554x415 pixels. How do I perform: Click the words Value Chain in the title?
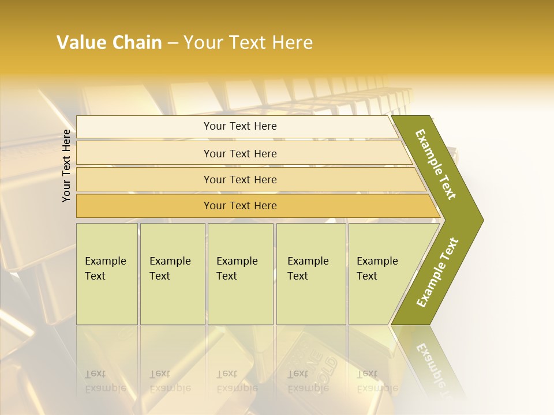coord(109,43)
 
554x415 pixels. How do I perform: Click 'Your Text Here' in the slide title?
coord(248,43)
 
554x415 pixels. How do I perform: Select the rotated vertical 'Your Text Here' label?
coord(66,165)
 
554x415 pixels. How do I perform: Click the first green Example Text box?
coord(107,274)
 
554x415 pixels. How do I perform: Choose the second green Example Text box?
coord(173,274)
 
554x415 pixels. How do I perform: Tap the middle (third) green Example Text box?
coord(240,274)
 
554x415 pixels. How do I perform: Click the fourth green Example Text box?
coord(311,274)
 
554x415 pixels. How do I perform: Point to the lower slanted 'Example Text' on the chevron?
coord(437,273)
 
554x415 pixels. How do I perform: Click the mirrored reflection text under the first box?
coord(105,381)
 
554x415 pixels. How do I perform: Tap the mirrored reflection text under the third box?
coord(237,381)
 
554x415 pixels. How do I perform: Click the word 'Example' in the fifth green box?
coord(377,261)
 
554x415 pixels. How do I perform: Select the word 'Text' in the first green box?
coord(95,276)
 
